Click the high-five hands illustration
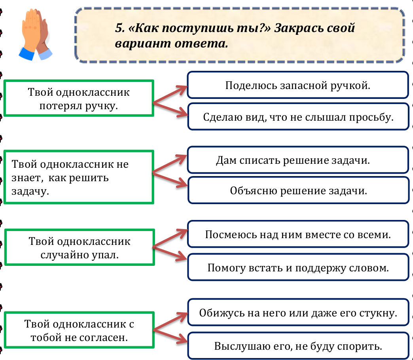click(x=36, y=35)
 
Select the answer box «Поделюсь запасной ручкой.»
click(x=298, y=85)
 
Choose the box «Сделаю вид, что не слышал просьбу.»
click(x=298, y=117)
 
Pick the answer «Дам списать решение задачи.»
click(x=298, y=160)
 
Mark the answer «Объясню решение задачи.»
click(x=298, y=190)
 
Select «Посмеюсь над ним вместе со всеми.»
click(x=298, y=234)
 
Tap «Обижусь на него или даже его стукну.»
click(x=298, y=313)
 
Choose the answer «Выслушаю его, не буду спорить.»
click(x=298, y=346)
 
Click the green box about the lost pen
click(x=79, y=98)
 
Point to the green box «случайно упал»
click(x=79, y=247)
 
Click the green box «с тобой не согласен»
click(x=79, y=330)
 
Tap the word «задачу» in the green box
click(x=30, y=191)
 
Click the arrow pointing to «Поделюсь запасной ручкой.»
click(x=170, y=94)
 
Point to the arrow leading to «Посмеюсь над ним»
click(x=170, y=238)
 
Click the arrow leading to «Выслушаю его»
click(x=170, y=336)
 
